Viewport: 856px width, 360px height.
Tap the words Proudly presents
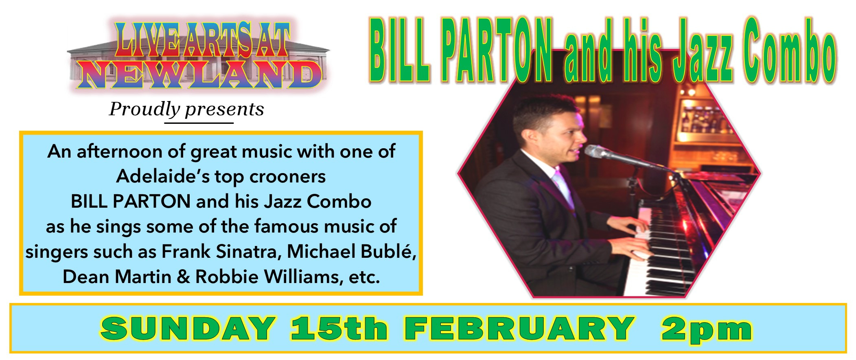[x=186, y=109]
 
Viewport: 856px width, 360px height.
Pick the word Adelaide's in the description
[x=163, y=176]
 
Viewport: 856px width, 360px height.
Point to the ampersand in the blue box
[x=184, y=277]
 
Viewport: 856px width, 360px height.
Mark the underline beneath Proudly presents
[x=199, y=123]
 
